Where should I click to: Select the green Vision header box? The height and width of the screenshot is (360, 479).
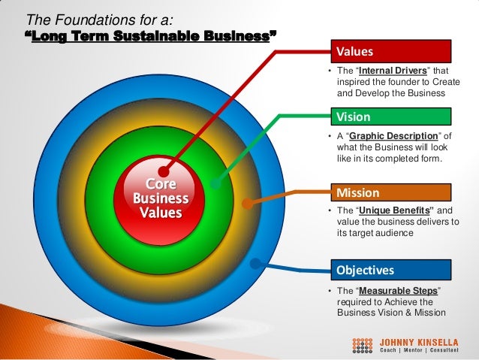[392, 116]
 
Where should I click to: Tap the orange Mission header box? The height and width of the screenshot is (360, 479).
[392, 192]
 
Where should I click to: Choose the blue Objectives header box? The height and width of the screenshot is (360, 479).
[392, 269]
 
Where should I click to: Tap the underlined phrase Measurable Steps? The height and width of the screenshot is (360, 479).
[399, 291]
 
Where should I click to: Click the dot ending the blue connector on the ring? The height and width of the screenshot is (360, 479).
[256, 264]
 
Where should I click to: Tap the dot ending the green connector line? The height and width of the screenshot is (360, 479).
[215, 183]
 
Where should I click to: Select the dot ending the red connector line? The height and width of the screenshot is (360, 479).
[163, 171]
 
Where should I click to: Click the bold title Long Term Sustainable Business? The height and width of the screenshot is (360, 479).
[151, 35]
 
